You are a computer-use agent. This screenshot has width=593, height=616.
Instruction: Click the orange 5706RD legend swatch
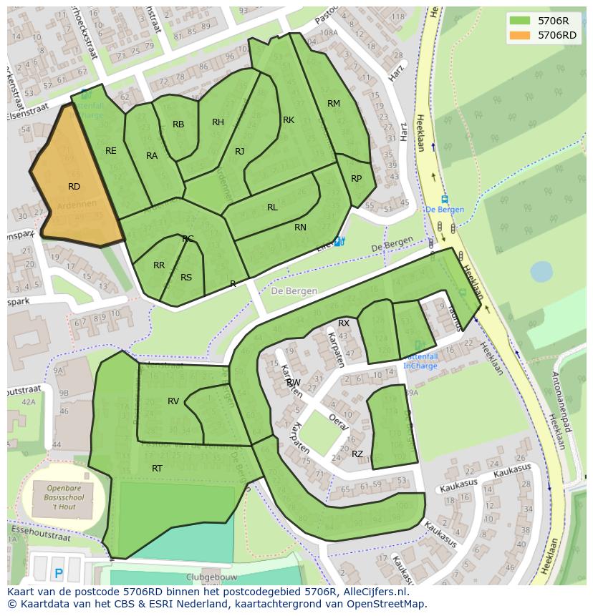[520, 35]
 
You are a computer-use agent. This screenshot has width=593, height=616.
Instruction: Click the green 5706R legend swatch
[520, 21]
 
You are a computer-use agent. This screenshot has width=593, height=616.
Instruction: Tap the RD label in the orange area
[74, 187]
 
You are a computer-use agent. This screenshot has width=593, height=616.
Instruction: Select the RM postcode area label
[334, 104]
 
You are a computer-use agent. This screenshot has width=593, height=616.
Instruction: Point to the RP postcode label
[356, 179]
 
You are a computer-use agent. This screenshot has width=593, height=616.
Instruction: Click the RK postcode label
[289, 120]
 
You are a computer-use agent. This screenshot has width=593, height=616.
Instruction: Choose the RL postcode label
[272, 207]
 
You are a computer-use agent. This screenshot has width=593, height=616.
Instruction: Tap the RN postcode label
[300, 228]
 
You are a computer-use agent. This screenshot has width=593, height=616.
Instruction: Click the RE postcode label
[110, 151]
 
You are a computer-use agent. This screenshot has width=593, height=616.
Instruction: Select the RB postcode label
[178, 124]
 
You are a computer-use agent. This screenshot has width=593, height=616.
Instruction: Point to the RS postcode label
[186, 278]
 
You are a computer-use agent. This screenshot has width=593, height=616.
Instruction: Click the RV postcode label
[173, 401]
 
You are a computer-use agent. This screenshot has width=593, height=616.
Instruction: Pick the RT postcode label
[157, 469]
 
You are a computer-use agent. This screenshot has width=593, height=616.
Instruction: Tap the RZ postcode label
[357, 454]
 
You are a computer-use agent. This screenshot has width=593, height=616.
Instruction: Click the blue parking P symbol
[59, 573]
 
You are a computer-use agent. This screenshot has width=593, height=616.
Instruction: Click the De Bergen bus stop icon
[445, 200]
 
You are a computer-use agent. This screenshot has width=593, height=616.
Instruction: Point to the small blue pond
[541, 271]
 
